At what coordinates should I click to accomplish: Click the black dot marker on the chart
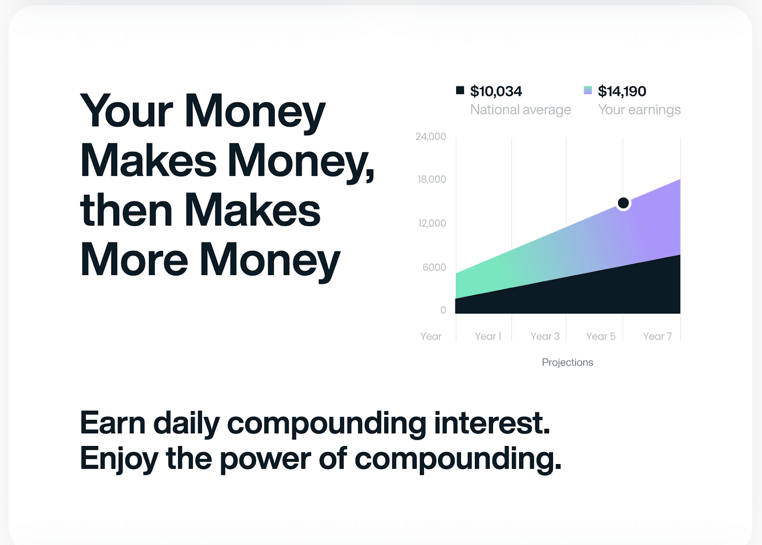pyautogui.click(x=623, y=203)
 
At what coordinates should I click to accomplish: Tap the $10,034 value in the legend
pyautogui.click(x=496, y=91)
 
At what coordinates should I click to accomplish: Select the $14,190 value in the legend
pyautogui.click(x=622, y=91)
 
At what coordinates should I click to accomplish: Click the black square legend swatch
pyautogui.click(x=460, y=90)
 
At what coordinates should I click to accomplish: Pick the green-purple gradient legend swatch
pyautogui.click(x=588, y=90)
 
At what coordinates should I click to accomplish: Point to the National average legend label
pyautogui.click(x=521, y=110)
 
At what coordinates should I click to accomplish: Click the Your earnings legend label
pyautogui.click(x=639, y=110)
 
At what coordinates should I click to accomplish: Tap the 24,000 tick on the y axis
pyautogui.click(x=431, y=136)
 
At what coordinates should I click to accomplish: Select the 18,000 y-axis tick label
pyautogui.click(x=431, y=179)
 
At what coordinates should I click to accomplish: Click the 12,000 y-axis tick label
pyautogui.click(x=432, y=223)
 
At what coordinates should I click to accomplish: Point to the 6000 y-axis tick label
pyautogui.click(x=434, y=267)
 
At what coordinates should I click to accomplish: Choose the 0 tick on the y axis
pyautogui.click(x=443, y=310)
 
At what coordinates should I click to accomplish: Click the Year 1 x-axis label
pyautogui.click(x=488, y=336)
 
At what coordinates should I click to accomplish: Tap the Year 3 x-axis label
pyautogui.click(x=545, y=336)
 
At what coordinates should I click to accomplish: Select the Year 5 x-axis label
pyautogui.click(x=601, y=336)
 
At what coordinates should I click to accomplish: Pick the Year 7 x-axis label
pyautogui.click(x=657, y=336)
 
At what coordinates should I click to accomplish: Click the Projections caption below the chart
pyautogui.click(x=567, y=362)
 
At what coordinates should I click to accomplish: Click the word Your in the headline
pyautogui.click(x=127, y=111)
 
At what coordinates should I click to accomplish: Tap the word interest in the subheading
pyautogui.click(x=492, y=423)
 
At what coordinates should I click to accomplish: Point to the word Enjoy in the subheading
pyautogui.click(x=119, y=459)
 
